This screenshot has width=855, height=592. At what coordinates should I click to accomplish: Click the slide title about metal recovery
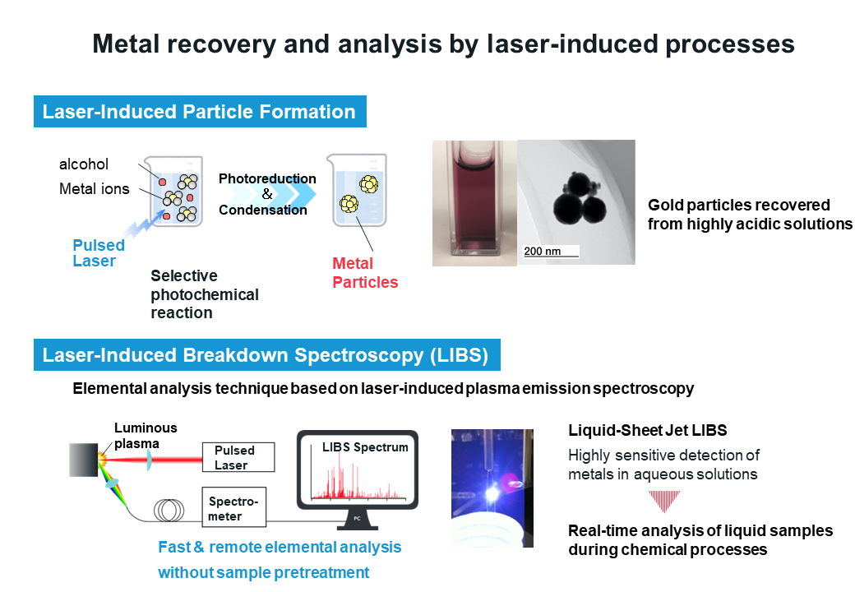[443, 44]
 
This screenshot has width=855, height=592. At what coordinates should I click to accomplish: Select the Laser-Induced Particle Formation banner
[200, 112]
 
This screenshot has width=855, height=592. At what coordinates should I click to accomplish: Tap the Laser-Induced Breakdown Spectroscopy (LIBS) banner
[267, 355]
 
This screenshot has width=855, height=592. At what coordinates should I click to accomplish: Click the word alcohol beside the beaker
[83, 164]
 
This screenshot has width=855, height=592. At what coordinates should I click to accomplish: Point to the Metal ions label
[95, 188]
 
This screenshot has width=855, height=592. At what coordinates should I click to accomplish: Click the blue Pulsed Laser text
[99, 253]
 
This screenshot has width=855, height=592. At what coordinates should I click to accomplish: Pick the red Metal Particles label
[365, 272]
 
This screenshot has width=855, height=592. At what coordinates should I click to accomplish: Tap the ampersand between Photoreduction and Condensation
[266, 194]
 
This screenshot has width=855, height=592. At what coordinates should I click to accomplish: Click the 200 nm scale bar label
[542, 252]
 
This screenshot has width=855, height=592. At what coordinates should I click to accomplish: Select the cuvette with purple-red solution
[474, 203]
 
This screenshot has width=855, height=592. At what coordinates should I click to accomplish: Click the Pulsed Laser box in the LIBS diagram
[238, 457]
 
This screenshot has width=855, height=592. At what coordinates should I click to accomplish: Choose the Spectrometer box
[234, 507]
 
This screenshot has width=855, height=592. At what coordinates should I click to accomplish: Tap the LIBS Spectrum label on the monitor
[365, 447]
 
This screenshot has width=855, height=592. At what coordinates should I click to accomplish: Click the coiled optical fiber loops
[169, 511]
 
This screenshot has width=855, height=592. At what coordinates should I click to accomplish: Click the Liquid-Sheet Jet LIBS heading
[647, 431]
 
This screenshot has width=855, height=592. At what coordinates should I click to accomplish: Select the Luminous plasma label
[145, 436]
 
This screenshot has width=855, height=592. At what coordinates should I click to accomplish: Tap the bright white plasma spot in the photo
[492, 494]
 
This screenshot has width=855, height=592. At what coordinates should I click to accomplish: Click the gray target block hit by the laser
[83, 460]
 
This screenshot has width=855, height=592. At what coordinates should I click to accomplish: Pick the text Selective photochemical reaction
[205, 294]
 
